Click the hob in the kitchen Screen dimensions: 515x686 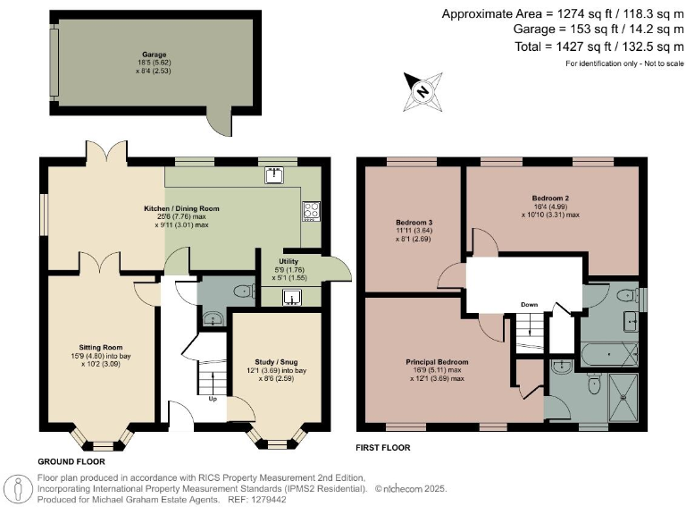[x=312, y=210]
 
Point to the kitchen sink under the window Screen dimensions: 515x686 [x=273, y=175]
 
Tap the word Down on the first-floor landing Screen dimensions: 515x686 [x=529, y=304]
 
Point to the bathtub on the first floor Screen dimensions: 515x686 [x=609, y=355]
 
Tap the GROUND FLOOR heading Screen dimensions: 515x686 [x=71, y=462]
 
